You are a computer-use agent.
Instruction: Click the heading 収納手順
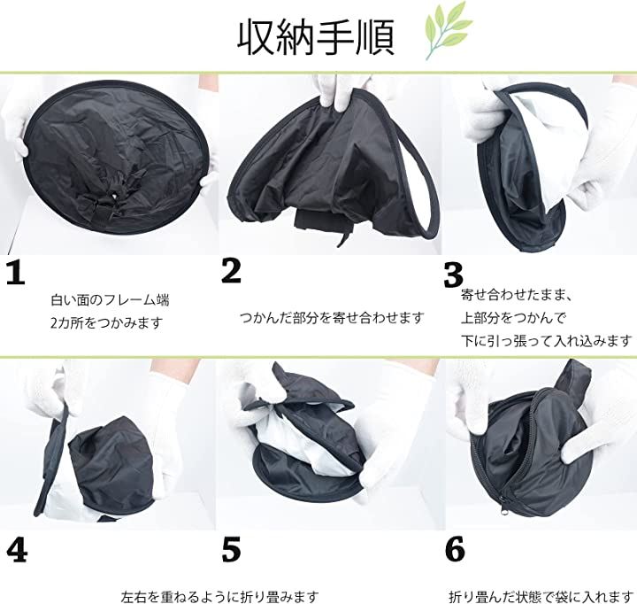click(x=316, y=38)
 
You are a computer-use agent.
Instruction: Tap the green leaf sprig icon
click(x=448, y=30)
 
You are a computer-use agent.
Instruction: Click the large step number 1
click(x=16, y=273)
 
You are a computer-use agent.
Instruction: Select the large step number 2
click(x=231, y=271)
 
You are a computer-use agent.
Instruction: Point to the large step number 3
click(x=453, y=275)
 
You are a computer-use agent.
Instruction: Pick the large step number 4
click(x=17, y=550)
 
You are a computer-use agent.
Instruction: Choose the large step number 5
click(x=231, y=549)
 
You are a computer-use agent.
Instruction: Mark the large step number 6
click(x=455, y=549)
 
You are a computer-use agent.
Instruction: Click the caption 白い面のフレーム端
click(x=110, y=300)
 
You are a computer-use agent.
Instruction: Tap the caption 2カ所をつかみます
click(x=106, y=323)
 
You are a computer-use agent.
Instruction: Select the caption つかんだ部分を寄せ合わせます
click(x=332, y=318)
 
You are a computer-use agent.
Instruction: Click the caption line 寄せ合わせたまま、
click(x=517, y=295)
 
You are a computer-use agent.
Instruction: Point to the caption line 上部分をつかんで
click(x=513, y=318)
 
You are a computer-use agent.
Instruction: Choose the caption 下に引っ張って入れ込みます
click(x=547, y=340)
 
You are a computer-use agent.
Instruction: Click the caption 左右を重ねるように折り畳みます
click(x=219, y=597)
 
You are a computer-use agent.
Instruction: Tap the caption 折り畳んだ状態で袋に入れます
click(x=541, y=597)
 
